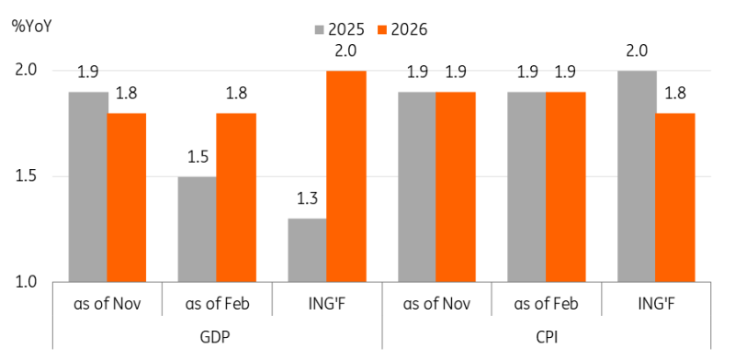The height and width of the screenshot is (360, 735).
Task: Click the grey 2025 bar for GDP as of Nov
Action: (87, 187)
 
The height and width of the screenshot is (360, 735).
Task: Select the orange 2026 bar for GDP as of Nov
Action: (126, 197)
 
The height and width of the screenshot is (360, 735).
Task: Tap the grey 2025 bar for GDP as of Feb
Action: (198, 230)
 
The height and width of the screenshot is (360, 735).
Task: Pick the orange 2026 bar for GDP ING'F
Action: (346, 176)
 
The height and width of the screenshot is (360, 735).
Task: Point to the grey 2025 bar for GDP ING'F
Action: (308, 251)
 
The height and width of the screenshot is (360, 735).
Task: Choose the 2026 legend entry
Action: (398, 28)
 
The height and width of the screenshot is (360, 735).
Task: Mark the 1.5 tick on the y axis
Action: (28, 176)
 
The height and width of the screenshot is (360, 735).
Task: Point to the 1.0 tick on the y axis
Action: (28, 283)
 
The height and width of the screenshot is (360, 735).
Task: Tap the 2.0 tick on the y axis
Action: (28, 71)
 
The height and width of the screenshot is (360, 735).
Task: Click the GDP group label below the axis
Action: (217, 336)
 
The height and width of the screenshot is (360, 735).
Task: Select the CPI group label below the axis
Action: (548, 336)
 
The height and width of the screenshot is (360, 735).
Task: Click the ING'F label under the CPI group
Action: (658, 304)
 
